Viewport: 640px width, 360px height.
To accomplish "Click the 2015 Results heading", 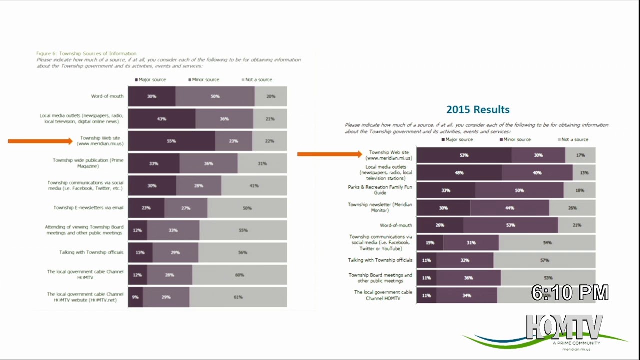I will pyautogui.click(x=478, y=110).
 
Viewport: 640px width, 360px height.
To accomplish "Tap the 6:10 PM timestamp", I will pyautogui.click(x=570, y=293).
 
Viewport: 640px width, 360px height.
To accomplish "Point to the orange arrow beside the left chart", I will pyautogui.click(x=40, y=141).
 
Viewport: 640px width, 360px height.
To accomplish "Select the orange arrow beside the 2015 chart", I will pyautogui.click(x=329, y=154).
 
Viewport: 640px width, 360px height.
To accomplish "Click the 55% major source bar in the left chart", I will pyautogui.click(x=171, y=141).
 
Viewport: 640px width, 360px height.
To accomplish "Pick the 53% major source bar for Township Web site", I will pyautogui.click(x=464, y=155).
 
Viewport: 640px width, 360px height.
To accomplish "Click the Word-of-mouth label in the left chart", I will pyautogui.click(x=107, y=96).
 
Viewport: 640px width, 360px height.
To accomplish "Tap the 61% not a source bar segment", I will pyautogui.click(x=238, y=297).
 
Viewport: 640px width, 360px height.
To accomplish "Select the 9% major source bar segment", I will pyautogui.click(x=135, y=297).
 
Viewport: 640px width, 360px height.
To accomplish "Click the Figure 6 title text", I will pyautogui.click(x=86, y=53).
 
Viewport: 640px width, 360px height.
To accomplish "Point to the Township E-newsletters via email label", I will pyautogui.click(x=88, y=208).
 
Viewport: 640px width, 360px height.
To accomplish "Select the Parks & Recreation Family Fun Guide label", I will pyautogui.click(x=380, y=190).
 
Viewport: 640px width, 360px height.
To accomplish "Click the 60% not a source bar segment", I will pyautogui.click(x=239, y=275).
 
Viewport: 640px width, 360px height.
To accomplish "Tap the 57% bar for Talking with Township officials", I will pyautogui.click(x=544, y=260).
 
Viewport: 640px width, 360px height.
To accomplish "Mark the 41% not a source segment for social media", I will pyautogui.click(x=254, y=186).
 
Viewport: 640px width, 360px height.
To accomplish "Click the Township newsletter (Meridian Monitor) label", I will pyautogui.click(x=380, y=207).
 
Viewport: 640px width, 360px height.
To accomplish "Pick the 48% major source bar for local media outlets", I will pyautogui.click(x=459, y=173).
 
